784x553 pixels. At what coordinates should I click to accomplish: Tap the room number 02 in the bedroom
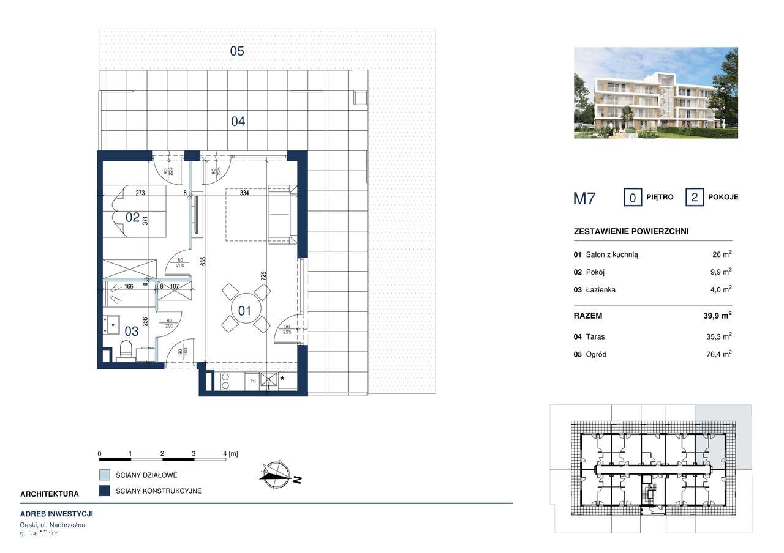point(133,217)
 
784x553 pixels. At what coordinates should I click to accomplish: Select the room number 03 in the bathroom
point(132,331)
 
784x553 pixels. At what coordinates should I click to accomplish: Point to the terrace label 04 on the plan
point(238,122)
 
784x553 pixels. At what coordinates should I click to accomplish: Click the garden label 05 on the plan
point(237,51)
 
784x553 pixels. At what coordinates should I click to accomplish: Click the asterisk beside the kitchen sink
point(282,379)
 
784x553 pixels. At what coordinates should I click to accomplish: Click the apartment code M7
point(584,198)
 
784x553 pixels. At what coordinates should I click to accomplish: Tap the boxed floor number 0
point(632,198)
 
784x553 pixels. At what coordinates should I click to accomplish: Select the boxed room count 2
point(694,198)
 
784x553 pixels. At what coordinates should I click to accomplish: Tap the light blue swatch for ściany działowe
point(105,475)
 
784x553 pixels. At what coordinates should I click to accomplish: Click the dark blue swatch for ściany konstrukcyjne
point(105,491)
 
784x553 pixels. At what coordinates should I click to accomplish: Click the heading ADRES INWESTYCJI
point(56,514)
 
